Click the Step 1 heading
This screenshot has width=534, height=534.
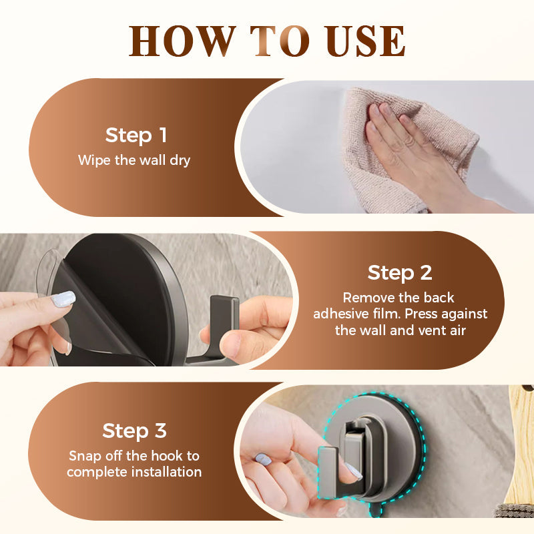click(136, 136)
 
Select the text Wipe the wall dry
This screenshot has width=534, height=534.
click(134, 160)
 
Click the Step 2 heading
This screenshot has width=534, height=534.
click(400, 272)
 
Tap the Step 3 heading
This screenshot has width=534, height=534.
click(134, 431)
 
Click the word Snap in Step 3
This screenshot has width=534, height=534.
click(84, 457)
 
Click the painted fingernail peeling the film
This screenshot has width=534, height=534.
click(64, 298)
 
